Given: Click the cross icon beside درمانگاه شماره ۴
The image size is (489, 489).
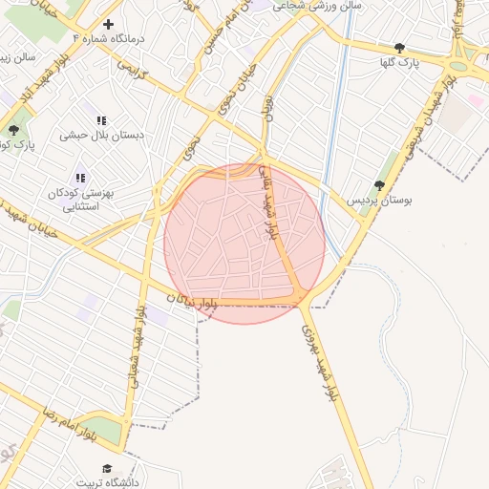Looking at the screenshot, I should point(108,24).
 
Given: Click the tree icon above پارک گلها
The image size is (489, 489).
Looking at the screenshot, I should point(399,47).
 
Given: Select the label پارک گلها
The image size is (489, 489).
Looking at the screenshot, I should point(399,62).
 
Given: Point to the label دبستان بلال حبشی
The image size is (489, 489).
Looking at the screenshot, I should point(102,135).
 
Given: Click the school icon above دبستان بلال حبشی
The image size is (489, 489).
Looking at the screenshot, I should point(101,119).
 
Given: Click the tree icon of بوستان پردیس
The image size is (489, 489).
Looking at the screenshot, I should point(379,184).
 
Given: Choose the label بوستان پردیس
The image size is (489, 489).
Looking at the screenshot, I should point(369,201).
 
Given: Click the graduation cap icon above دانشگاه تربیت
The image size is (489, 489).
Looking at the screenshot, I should point(107,468).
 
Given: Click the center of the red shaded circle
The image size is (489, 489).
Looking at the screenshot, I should point(244,244).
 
